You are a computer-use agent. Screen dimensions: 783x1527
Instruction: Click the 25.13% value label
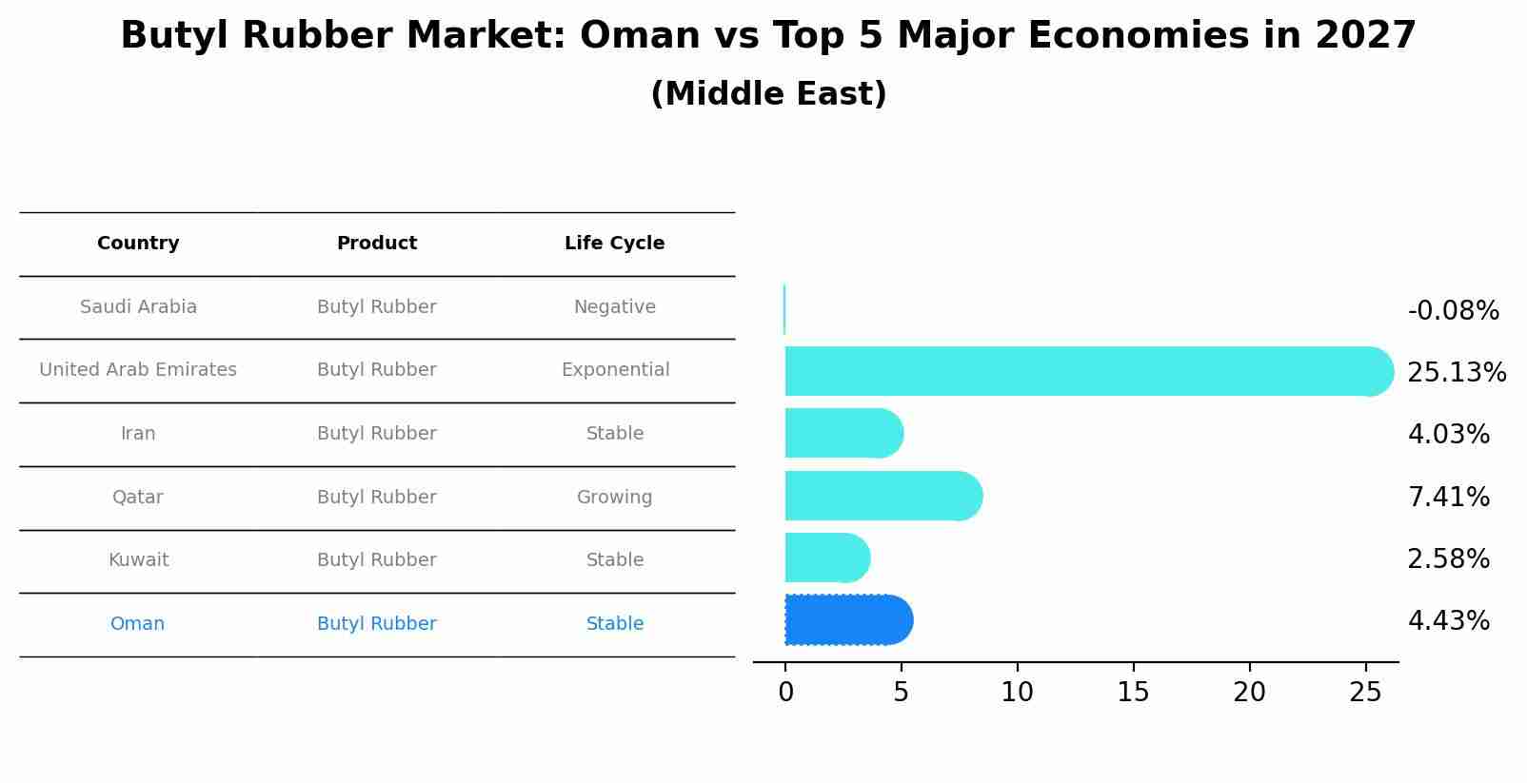click(x=1456, y=372)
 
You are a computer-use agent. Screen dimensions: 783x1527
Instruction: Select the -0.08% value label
click(x=1453, y=311)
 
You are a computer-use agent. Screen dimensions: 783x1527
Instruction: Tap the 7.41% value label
click(x=1448, y=497)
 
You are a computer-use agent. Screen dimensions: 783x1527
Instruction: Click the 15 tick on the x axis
click(x=1133, y=693)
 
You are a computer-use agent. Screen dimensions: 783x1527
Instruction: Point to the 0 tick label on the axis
click(x=785, y=693)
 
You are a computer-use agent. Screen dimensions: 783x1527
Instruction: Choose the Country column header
click(x=138, y=244)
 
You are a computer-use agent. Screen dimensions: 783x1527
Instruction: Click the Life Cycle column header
click(x=614, y=244)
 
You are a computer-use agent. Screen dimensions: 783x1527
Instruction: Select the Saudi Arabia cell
click(x=138, y=307)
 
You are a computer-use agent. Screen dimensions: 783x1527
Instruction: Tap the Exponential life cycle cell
click(x=615, y=370)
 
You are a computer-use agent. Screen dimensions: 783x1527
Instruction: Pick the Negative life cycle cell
click(x=614, y=307)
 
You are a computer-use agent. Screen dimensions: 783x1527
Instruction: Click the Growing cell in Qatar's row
click(x=614, y=498)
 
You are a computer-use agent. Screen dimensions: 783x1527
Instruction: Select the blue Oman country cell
click(x=137, y=624)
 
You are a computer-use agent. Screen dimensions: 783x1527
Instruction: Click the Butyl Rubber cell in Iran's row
click(x=376, y=434)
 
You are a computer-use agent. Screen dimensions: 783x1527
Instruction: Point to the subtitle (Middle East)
click(x=768, y=94)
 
